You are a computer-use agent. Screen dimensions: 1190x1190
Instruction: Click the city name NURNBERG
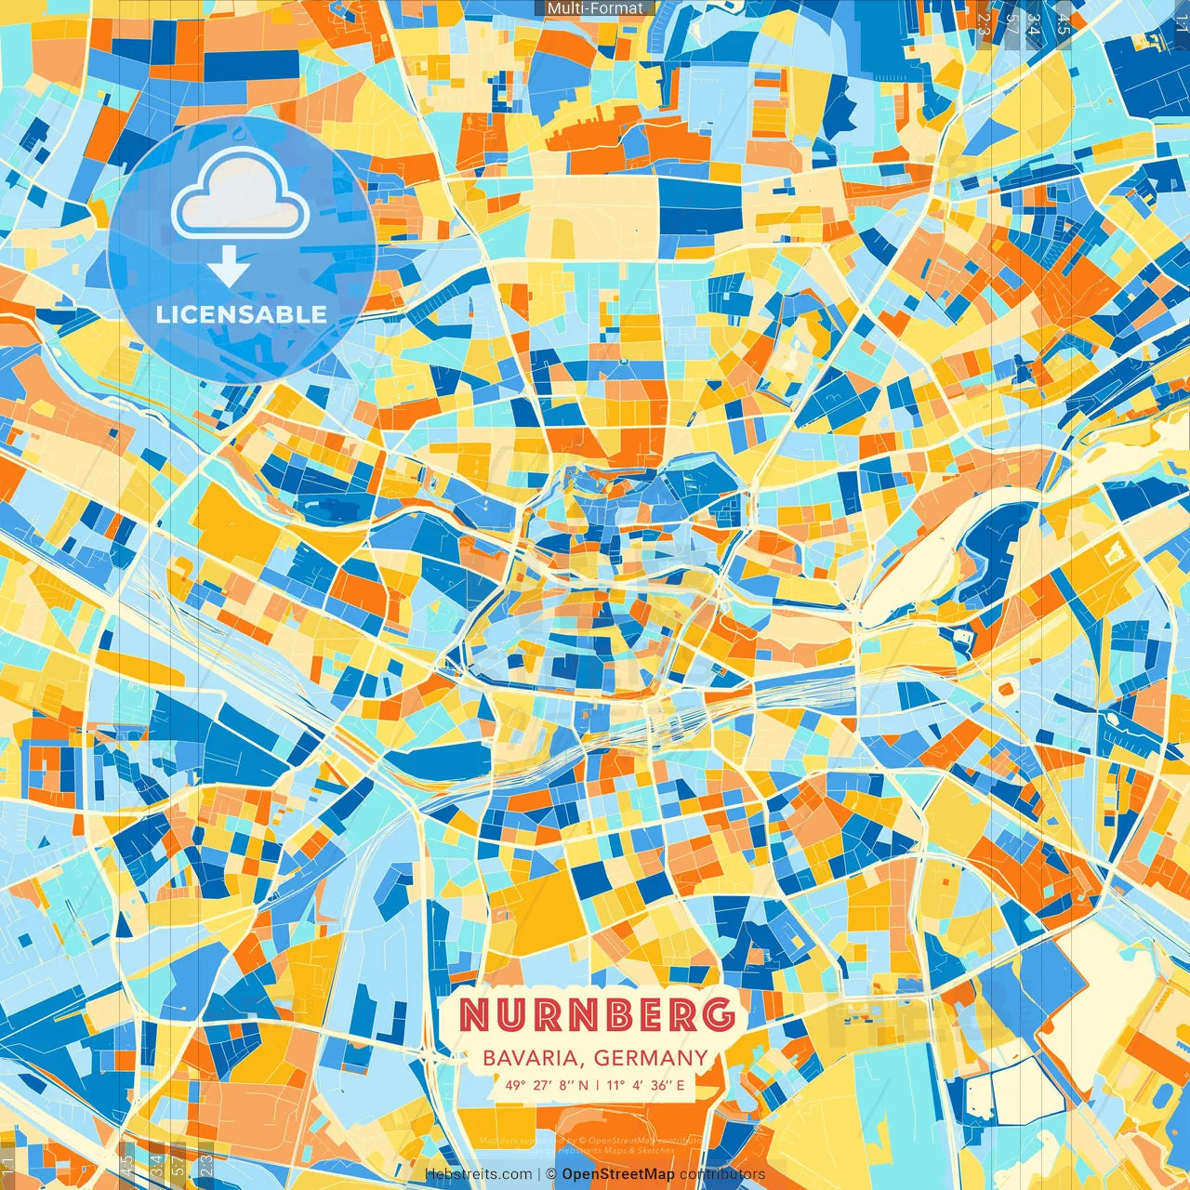596,1015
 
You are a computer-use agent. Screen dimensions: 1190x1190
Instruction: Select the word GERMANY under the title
651,1058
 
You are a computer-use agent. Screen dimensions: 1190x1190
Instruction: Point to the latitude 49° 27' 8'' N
547,1085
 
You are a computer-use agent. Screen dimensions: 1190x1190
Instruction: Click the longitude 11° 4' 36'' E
646,1085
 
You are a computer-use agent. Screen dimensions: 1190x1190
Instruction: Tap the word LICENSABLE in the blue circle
242,314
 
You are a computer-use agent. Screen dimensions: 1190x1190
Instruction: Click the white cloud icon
240,193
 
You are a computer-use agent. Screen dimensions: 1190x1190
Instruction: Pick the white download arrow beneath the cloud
229,265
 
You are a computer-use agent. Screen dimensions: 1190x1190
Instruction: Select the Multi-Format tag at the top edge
595,8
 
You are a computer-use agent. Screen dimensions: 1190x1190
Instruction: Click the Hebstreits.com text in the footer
478,1174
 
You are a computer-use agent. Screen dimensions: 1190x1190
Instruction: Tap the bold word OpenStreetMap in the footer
618,1174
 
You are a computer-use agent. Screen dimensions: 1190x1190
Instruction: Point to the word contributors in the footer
722,1174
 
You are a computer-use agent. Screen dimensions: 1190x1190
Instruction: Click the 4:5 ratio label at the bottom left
126,1166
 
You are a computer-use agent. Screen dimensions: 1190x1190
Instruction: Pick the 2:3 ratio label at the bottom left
206,1166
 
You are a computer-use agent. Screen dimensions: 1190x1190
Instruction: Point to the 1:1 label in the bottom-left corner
8,1166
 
